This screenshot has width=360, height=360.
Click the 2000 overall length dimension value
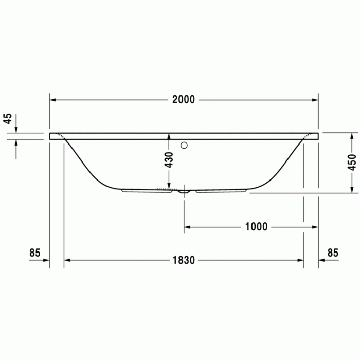pos(184,100)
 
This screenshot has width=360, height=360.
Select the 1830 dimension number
pos(183,260)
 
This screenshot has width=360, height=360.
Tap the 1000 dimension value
pos(256,227)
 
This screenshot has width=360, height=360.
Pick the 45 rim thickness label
pos(8,119)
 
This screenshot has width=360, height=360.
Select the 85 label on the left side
pos(35,253)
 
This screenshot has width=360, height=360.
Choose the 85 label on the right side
pos(333,253)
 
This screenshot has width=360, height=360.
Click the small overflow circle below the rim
pos(184,145)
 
